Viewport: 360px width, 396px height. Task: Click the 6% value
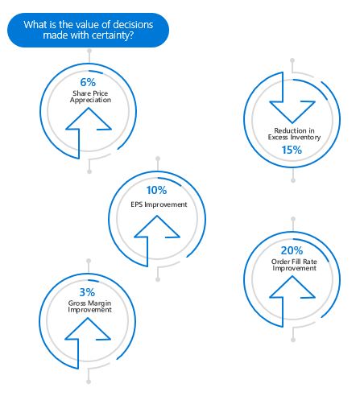click(x=89, y=82)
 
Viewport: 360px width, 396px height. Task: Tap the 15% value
click(x=291, y=150)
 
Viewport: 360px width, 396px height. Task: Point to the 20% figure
click(x=292, y=250)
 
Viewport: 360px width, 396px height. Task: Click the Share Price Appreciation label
click(x=89, y=98)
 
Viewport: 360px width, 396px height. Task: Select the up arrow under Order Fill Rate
click(x=292, y=298)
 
